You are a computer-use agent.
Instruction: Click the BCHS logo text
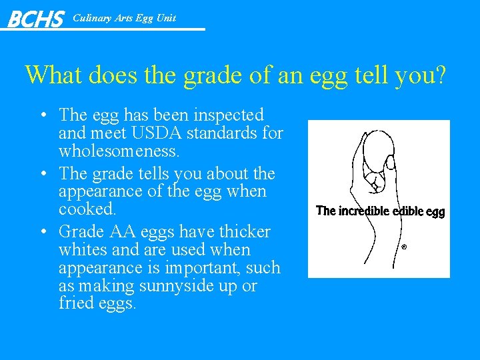35,19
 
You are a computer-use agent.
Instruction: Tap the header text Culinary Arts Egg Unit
124,18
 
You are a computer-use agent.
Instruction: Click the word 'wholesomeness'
119,151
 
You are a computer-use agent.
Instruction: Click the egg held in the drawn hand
374,146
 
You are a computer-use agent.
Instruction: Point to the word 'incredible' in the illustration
364,211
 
